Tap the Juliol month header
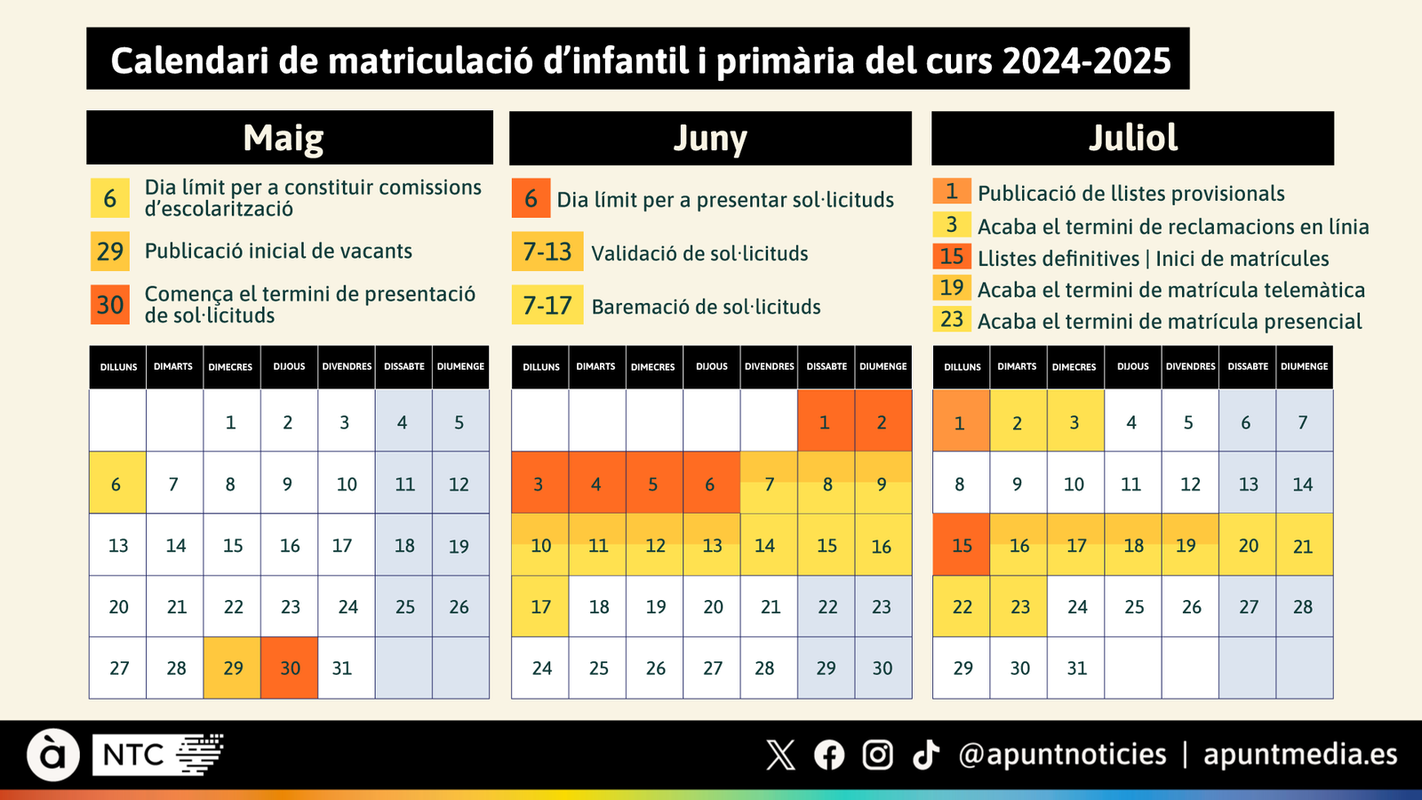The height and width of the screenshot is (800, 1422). pyautogui.click(x=1132, y=138)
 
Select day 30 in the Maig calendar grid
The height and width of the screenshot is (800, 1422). pyautogui.click(x=290, y=668)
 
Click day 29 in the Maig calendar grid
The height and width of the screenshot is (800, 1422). pyautogui.click(x=233, y=668)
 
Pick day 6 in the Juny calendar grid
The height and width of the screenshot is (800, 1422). pyautogui.click(x=710, y=484)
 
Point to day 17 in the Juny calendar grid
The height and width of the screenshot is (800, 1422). pyautogui.click(x=540, y=607)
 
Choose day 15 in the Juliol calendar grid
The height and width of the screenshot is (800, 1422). pyautogui.click(x=962, y=546)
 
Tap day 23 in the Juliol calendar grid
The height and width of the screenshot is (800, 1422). pyautogui.click(x=1019, y=607)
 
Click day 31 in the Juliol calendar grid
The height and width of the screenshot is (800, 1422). pyautogui.click(x=1076, y=668)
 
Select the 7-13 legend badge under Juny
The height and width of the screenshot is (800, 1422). pyautogui.click(x=547, y=252)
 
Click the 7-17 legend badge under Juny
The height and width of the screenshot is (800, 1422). pyautogui.click(x=547, y=305)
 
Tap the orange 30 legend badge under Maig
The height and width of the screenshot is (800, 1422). pyautogui.click(x=110, y=305)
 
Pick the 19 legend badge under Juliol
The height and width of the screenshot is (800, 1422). pyautogui.click(x=951, y=288)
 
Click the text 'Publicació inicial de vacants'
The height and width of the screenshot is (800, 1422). pyautogui.click(x=278, y=252)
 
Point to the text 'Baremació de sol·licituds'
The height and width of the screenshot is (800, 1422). pyautogui.click(x=706, y=308)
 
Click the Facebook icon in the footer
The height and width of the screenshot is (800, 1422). pyautogui.click(x=829, y=756)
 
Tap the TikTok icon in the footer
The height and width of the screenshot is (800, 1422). pyautogui.click(x=926, y=756)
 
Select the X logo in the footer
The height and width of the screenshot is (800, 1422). pyautogui.click(x=780, y=756)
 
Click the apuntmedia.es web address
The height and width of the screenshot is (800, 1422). pyautogui.click(x=1300, y=756)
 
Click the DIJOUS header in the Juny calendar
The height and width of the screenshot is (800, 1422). pyautogui.click(x=711, y=366)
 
